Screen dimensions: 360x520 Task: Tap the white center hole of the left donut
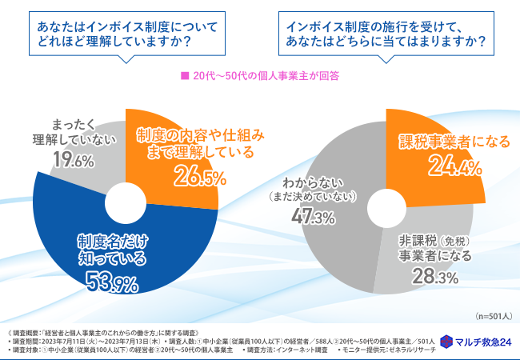click(126, 199)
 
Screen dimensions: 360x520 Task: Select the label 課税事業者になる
click(454, 142)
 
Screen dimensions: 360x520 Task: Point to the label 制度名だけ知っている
click(112, 249)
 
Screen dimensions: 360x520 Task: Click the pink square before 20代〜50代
click(184, 77)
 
